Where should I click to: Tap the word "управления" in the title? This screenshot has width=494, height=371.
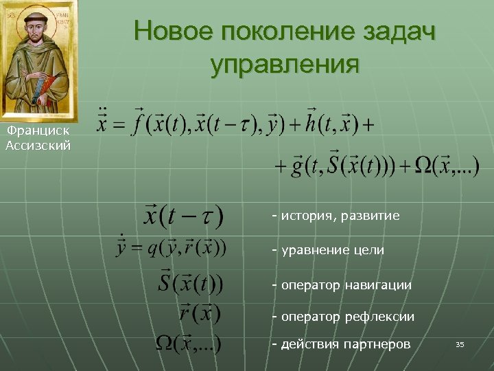click(x=285, y=65)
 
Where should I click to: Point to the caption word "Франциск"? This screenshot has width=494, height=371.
click(x=38, y=131)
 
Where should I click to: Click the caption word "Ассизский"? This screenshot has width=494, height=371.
click(x=38, y=145)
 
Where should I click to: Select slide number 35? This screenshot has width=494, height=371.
click(x=460, y=344)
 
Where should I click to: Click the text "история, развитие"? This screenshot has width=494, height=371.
click(x=336, y=216)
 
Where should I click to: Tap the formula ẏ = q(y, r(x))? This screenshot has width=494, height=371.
click(x=171, y=247)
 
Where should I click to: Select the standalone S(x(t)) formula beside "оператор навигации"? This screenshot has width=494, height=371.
click(x=190, y=281)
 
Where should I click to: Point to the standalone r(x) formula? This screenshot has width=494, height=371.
click(x=199, y=313)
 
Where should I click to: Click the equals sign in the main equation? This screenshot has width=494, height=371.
click(x=118, y=125)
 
